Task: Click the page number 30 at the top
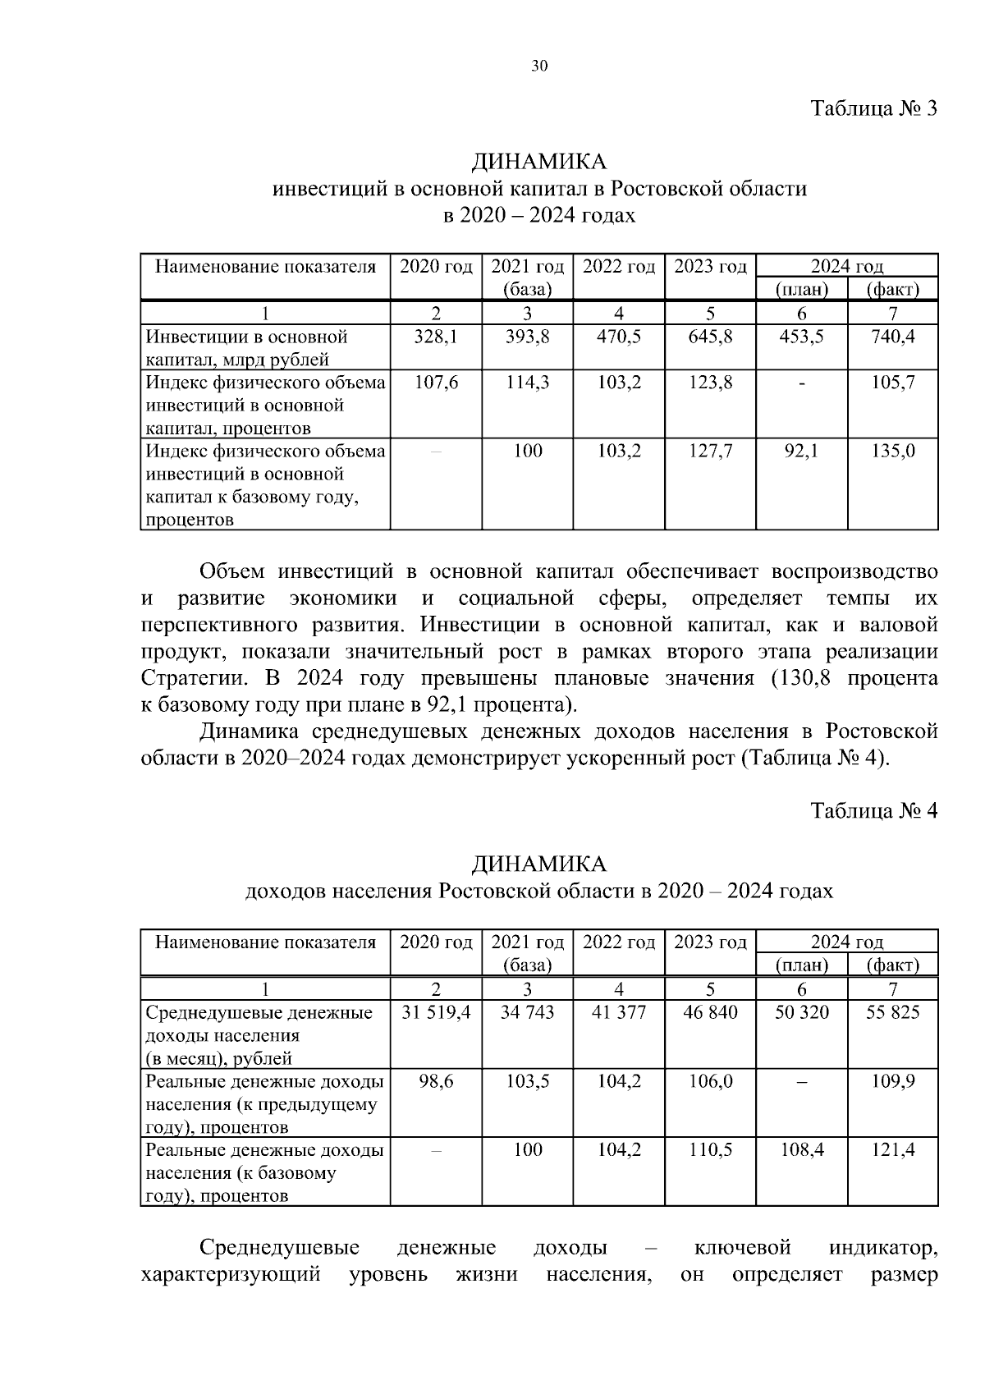pos(539,67)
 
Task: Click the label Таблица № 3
pos(873,109)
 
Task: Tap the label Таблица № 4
pos(873,810)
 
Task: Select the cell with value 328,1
pos(436,337)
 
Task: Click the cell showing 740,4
pos(892,337)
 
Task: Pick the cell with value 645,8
pos(710,337)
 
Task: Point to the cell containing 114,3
pos(527,383)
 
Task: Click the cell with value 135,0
pos(892,452)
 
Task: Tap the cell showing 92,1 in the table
pos(801,452)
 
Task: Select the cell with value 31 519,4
pos(436,1013)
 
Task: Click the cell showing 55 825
pos(892,1013)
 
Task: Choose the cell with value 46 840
pos(710,1013)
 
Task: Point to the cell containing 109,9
pos(892,1081)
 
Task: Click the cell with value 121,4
pos(892,1150)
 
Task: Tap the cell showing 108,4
pos(801,1150)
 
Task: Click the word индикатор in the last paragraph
pos(882,1249)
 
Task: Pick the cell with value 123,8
pos(710,383)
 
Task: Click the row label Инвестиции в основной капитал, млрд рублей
pos(246,347)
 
